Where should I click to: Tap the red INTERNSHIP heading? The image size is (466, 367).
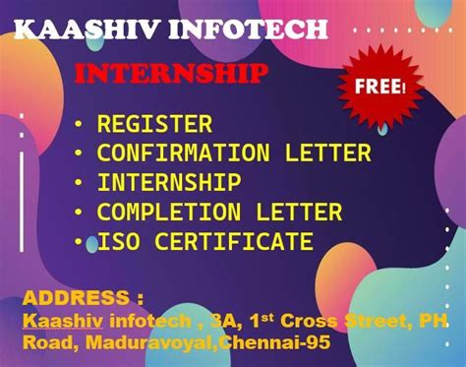click(171, 76)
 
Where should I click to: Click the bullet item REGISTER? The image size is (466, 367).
click(155, 124)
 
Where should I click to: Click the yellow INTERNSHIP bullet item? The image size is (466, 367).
click(169, 183)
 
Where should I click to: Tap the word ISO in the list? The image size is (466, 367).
click(118, 242)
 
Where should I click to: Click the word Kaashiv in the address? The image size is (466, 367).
click(61, 320)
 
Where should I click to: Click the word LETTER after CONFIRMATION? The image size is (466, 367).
click(329, 153)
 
